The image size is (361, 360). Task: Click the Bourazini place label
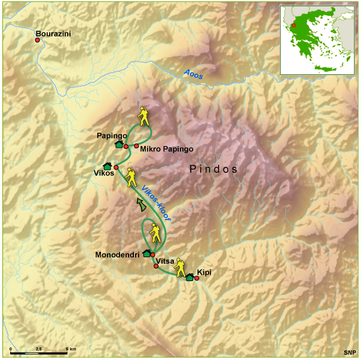pyautogui.click(x=53, y=33)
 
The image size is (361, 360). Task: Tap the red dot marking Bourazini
pyautogui.click(x=37, y=40)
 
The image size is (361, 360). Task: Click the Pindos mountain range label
pyautogui.click(x=213, y=169)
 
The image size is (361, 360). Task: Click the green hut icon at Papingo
pyautogui.click(x=119, y=144)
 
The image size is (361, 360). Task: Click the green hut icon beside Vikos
pyautogui.click(x=108, y=166)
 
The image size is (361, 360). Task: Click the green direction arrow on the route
pyautogui.click(x=141, y=206)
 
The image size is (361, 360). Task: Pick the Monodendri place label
pyautogui.click(x=118, y=255)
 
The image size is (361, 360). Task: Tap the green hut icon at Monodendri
pyautogui.click(x=146, y=253)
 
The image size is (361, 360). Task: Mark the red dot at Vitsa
pyautogui.click(x=156, y=266)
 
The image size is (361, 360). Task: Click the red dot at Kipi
pyautogui.click(x=197, y=278)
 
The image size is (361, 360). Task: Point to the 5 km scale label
pyautogui.click(x=71, y=348)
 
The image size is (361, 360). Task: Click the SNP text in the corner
pyautogui.click(x=349, y=352)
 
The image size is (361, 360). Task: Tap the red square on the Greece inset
pyautogui.click(x=293, y=26)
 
